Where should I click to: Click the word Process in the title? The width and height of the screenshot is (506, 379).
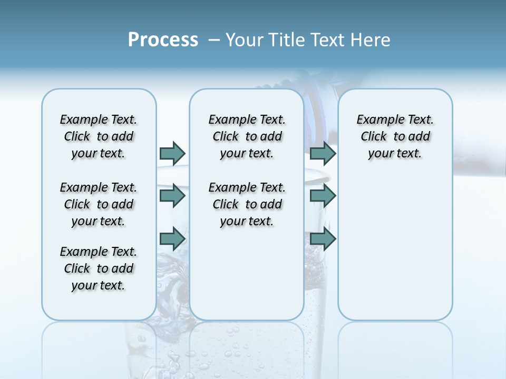163,40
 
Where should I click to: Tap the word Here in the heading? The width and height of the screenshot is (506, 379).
371,40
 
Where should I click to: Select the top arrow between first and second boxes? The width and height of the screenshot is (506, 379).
172,153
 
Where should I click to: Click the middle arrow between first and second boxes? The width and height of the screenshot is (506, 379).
172,196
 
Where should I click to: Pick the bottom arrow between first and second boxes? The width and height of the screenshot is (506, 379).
172,238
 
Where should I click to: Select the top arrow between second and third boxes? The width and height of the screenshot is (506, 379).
323,153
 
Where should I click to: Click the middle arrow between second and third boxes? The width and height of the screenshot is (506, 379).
323,196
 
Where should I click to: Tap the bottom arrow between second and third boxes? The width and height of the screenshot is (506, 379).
323,238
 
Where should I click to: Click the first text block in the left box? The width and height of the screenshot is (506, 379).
99,136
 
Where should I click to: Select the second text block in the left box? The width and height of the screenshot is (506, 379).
99,204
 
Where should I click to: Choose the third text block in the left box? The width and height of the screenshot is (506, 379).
99,268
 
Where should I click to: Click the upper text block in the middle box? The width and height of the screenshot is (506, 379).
247,136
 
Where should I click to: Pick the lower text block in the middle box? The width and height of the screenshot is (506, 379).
247,204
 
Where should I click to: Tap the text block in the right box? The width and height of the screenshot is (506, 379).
395,136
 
